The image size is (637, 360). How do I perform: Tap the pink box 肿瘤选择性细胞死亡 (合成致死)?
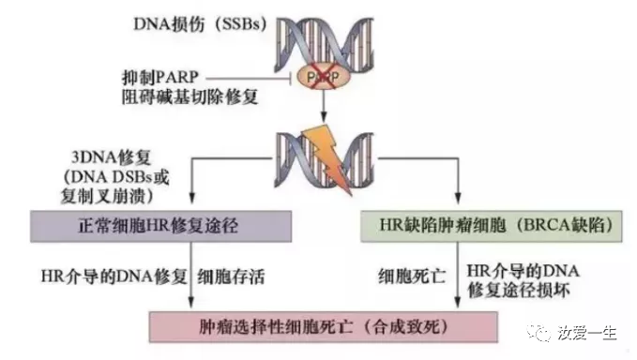[320, 327]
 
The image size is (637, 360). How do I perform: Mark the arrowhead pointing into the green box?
[458, 208]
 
